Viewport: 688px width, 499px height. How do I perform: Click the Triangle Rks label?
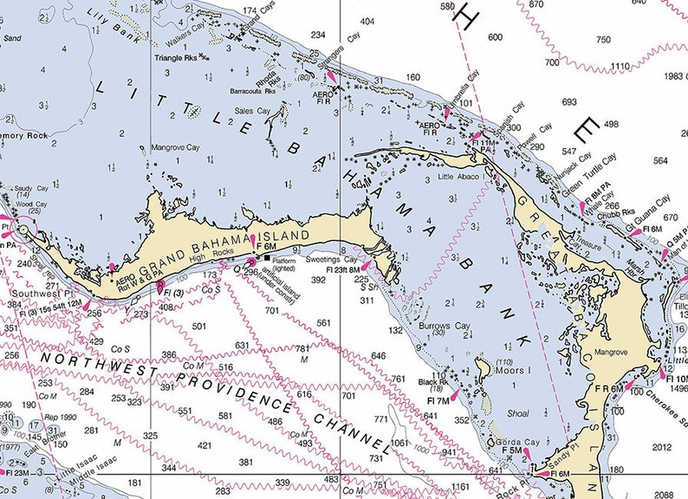tap(177, 58)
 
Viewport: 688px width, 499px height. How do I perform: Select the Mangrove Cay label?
tap(176, 148)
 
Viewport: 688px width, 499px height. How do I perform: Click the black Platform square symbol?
tap(267, 257)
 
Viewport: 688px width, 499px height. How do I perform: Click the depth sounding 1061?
tap(399, 443)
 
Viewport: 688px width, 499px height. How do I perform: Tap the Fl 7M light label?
tap(438, 400)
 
